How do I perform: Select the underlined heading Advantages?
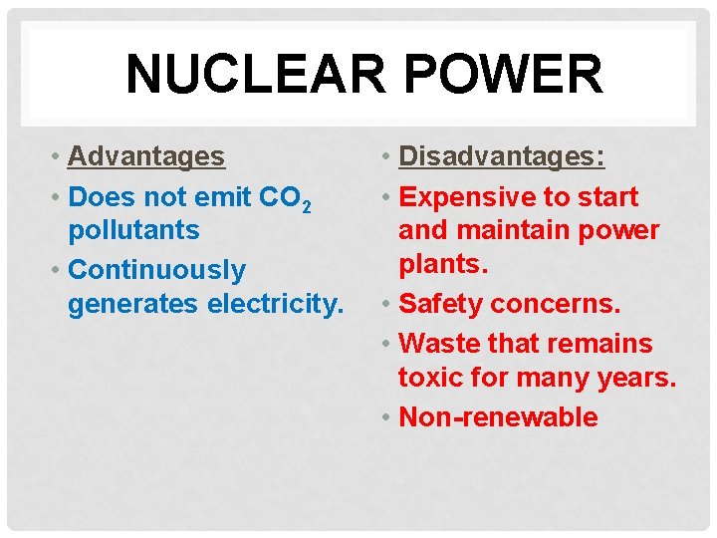coord(146,156)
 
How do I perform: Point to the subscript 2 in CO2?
coord(307,205)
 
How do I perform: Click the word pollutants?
coord(133,230)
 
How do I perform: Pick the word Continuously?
coord(156,270)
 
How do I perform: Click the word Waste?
coord(439,344)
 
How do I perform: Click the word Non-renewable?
coord(498,416)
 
